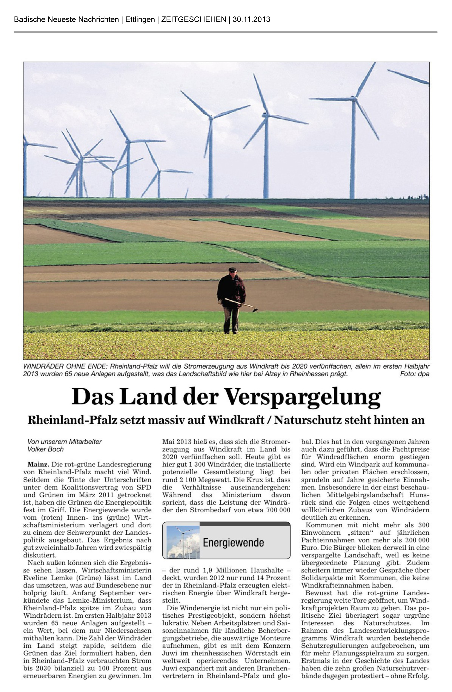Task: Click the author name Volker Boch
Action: click(x=45, y=449)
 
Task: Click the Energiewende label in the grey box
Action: click(x=233, y=543)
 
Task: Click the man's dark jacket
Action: click(x=231, y=289)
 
